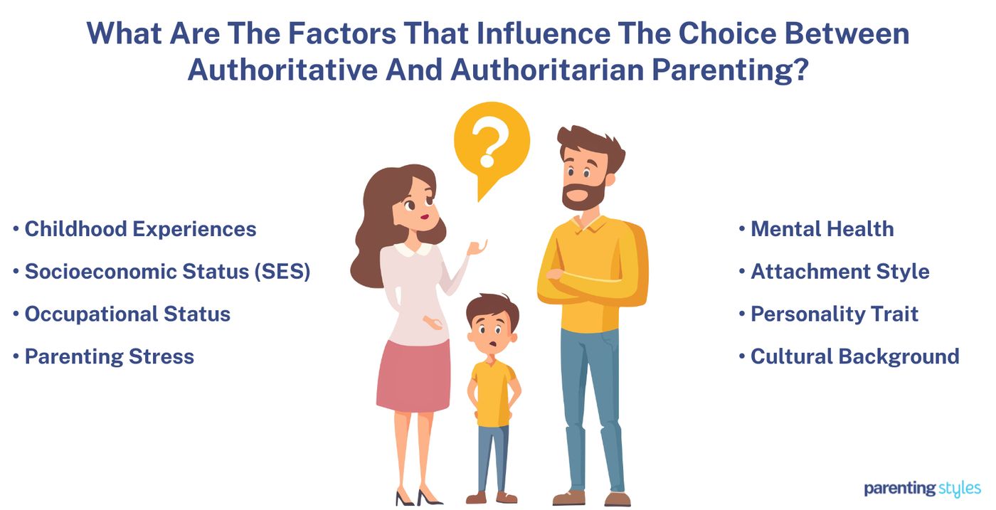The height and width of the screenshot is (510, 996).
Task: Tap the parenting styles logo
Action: click(x=922, y=489)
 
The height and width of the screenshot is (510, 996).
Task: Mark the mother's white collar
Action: click(x=413, y=248)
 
